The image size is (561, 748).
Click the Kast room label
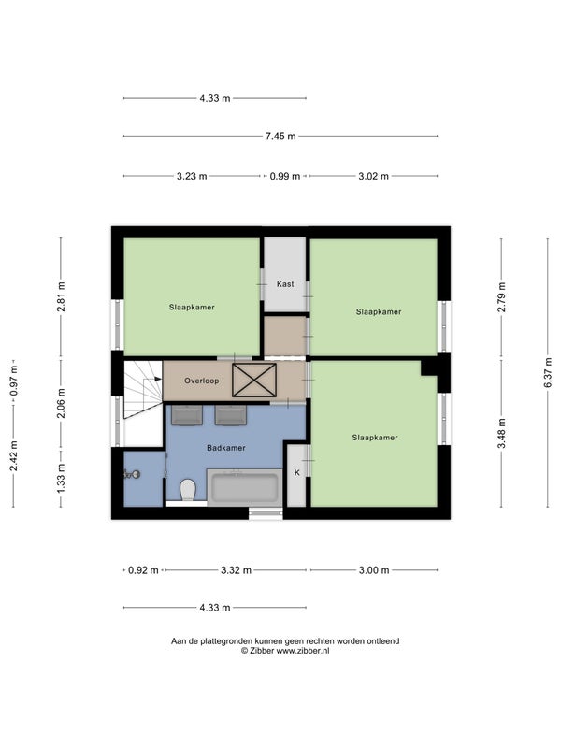[285, 284]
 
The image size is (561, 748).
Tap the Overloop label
[202, 381]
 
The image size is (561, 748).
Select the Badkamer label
[226, 448]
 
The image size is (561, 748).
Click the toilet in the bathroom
[188, 490]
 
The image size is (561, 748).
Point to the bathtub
[244, 487]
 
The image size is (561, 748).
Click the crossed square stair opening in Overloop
[254, 381]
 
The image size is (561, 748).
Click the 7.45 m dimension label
[280, 137]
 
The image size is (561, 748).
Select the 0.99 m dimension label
[285, 176]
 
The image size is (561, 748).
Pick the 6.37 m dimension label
[548, 372]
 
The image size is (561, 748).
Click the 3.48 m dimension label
[501, 433]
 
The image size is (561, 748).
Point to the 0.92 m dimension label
[143, 570]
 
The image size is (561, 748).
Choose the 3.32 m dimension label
[236, 570]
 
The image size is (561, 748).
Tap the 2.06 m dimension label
[61, 403]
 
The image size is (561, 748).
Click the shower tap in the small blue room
[131, 474]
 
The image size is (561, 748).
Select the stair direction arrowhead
[158, 379]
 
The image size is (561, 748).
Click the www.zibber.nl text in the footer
[303, 650]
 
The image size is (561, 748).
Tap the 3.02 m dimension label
[373, 176]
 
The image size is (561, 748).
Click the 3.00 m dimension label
[374, 570]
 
